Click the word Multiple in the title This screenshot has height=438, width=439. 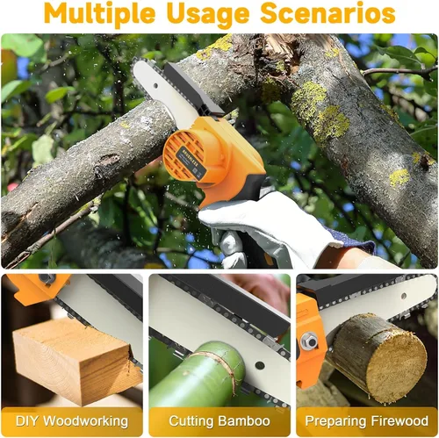[100, 13]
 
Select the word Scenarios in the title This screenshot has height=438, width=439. [327, 13]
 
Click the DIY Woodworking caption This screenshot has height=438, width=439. [72, 421]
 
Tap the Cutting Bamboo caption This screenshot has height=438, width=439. [219, 421]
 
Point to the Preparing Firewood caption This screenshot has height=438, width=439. [367, 421]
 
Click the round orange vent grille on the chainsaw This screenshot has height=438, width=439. [184, 154]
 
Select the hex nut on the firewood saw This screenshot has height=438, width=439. [310, 341]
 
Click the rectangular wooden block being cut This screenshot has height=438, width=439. [76, 362]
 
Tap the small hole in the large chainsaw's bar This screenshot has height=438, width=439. [156, 86]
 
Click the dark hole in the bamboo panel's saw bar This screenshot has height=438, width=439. [260, 365]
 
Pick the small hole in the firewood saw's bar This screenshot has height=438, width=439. [404, 296]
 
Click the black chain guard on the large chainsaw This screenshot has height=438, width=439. [193, 90]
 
